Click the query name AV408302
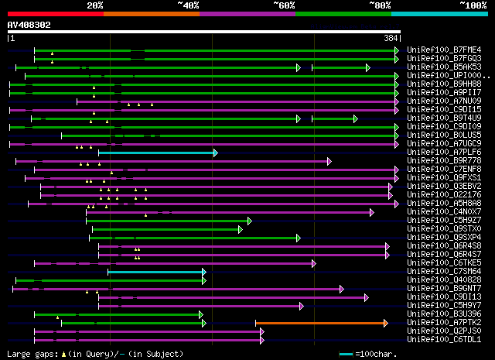coord(29,25)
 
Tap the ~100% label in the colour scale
coord(473,5)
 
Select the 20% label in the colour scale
coord(95,5)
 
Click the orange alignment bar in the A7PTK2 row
coord(320,323)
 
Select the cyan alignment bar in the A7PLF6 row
coord(157,153)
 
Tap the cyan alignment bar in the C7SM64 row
coord(155,272)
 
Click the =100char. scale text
coord(374,354)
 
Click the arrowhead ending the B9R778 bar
coord(329,161)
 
